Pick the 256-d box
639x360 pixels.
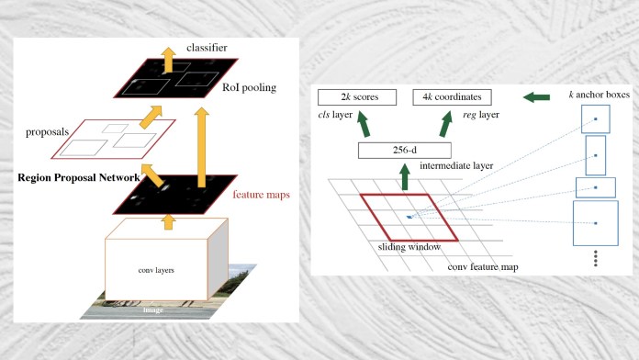pyautogui.click(x=404, y=150)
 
